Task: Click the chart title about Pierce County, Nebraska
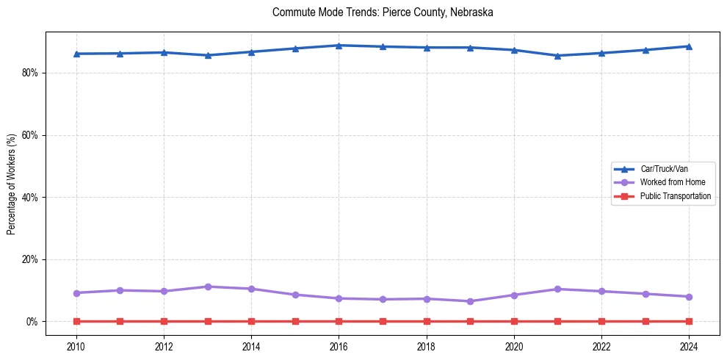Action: [x=382, y=12]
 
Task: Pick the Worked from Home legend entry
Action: [x=668, y=182]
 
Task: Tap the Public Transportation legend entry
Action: [x=675, y=196]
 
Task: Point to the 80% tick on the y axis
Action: [x=29, y=73]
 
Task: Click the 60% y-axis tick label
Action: [x=29, y=135]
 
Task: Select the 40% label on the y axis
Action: [x=29, y=198]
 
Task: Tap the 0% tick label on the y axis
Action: [x=32, y=322]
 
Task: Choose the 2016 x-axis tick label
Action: [x=339, y=345]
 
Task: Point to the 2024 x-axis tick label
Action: [x=689, y=345]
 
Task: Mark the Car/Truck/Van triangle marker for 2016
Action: [x=339, y=46]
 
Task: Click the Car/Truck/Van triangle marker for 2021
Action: [x=557, y=56]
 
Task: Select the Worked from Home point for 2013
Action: [x=208, y=287]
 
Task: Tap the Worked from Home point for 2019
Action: [x=470, y=301]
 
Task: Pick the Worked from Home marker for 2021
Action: [x=557, y=289]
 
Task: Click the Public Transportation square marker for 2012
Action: [x=164, y=321]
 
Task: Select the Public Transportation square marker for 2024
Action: [x=689, y=321]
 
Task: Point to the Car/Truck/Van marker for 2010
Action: [x=76, y=54]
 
